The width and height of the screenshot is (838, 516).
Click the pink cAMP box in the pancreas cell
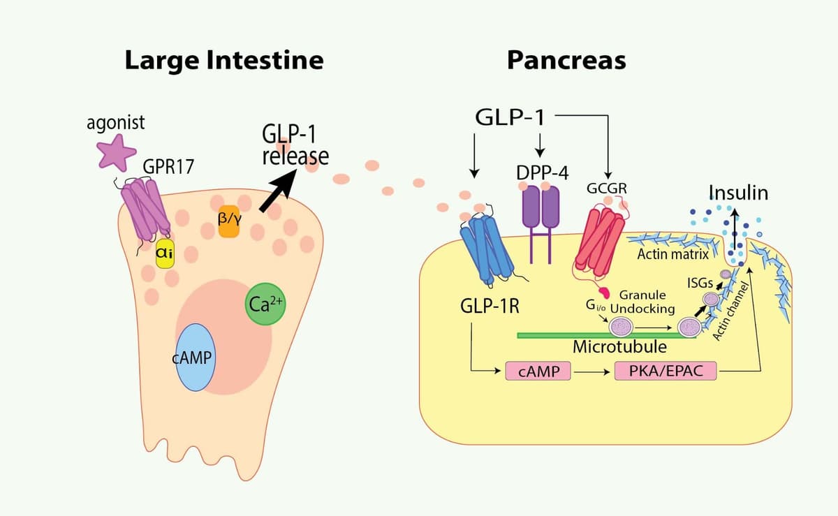[x=538, y=371]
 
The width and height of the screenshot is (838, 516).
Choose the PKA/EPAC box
[x=665, y=371]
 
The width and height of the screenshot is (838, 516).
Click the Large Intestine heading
[x=224, y=60]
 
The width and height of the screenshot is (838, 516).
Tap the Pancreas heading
[x=566, y=60]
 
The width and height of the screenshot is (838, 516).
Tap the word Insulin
[x=738, y=193]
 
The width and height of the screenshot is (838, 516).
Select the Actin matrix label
[x=672, y=254]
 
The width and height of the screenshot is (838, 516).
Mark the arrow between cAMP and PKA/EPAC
[x=592, y=371]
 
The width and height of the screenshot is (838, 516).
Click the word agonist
[x=116, y=123]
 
